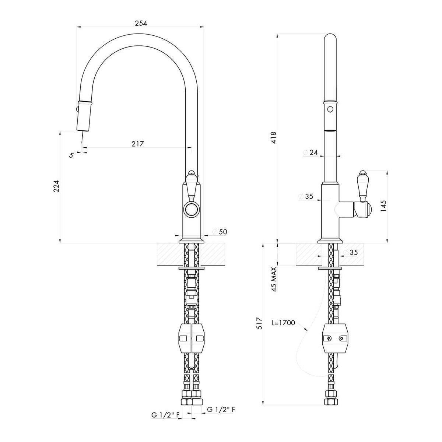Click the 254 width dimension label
[x=141, y=23]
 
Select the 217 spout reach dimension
[x=138, y=144]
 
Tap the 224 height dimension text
[x=56, y=186]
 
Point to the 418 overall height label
[x=274, y=137]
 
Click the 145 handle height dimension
[x=383, y=206]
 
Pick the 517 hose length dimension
[x=259, y=323]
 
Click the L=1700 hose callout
[x=283, y=323]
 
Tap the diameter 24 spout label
[x=310, y=152]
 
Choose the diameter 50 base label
[x=220, y=232]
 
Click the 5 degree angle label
[x=71, y=155]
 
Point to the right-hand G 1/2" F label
[x=221, y=410]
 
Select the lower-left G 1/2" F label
[x=165, y=415]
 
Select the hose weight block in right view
[x=336, y=338]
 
